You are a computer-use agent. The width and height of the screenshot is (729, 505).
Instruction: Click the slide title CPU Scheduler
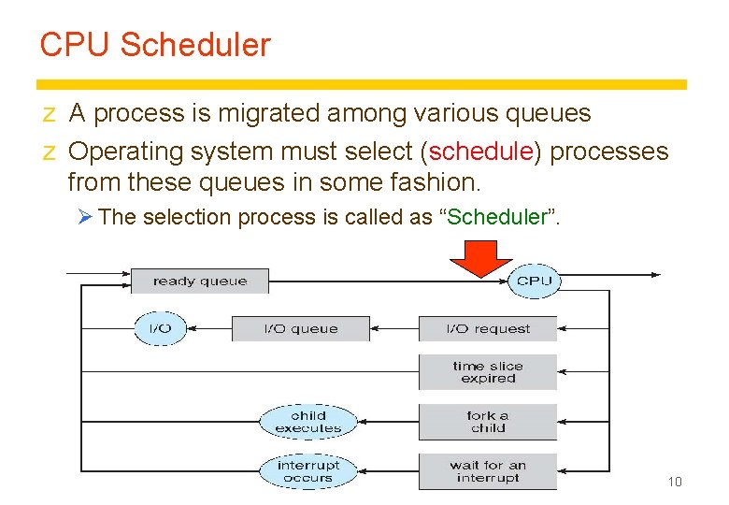point(155,45)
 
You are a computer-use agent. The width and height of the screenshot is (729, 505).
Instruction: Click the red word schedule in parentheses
point(480,151)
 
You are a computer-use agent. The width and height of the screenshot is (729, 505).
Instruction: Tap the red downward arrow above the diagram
point(480,256)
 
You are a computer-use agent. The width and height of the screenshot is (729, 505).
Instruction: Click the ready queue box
point(199,281)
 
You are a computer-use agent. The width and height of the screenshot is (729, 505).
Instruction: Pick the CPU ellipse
point(534,281)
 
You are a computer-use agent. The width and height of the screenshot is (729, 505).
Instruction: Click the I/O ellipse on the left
point(160,328)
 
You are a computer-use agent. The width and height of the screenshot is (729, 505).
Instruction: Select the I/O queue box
point(300,328)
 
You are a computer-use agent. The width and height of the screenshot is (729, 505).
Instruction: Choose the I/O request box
point(487,328)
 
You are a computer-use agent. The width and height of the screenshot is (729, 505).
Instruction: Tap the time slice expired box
point(487,372)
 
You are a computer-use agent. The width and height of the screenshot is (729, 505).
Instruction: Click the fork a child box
point(487,422)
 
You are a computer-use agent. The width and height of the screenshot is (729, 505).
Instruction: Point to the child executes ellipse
point(307,422)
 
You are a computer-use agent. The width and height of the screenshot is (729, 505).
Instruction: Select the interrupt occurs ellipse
point(307,471)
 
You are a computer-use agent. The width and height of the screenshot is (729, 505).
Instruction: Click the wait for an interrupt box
point(487,471)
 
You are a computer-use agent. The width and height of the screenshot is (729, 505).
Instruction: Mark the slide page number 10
point(674,482)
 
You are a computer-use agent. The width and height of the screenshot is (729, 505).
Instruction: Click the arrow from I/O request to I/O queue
point(394,328)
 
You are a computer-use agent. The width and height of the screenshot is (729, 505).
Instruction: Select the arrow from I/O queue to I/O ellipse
point(208,328)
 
